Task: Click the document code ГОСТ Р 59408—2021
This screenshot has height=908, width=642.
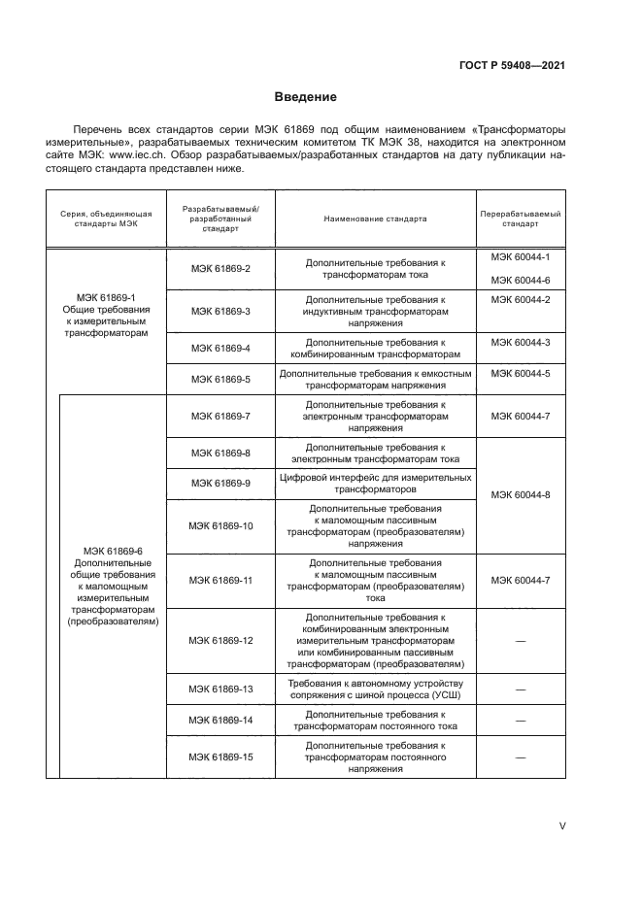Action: point(512,66)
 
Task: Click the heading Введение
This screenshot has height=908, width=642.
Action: point(305,97)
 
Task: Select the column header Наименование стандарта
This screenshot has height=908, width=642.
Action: point(375,219)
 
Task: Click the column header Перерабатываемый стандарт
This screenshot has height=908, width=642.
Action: point(520,219)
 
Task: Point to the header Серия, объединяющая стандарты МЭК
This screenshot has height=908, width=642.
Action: point(107,219)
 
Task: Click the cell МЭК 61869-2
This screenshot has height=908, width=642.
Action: point(220,268)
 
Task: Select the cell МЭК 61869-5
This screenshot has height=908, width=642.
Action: point(220,379)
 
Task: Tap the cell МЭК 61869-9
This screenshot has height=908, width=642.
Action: point(220,483)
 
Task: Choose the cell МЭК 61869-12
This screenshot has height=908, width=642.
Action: point(220,640)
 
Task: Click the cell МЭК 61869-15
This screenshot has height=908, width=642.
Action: point(220,757)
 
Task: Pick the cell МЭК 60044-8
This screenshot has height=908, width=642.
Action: point(520,495)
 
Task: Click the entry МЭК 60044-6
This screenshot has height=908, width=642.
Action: point(520,280)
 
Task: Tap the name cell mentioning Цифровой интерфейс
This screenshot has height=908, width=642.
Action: point(375,484)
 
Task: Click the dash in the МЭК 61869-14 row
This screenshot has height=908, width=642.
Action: point(520,722)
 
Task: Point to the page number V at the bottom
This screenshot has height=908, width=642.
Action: point(561,825)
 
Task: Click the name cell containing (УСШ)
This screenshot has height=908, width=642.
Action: point(375,689)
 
